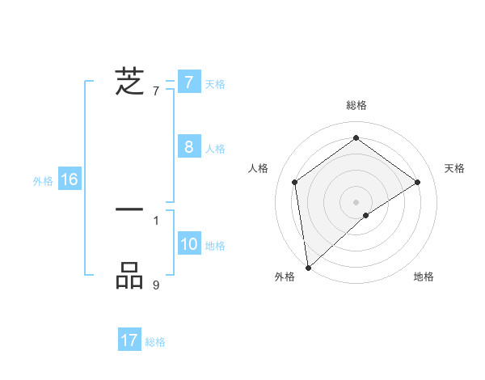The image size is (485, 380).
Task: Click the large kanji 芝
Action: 129,82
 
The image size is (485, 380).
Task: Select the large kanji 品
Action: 129,276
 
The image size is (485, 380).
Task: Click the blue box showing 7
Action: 189,82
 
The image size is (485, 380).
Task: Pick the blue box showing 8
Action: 189,147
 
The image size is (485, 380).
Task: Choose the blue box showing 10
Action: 189,244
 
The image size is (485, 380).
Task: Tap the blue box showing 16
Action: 70,179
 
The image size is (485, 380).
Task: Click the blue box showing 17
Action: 129,341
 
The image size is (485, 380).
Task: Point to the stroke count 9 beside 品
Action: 156,285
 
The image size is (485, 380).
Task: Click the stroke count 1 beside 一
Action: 156,220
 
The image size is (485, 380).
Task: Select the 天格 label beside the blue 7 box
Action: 215,84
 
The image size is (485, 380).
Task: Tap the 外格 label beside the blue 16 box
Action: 43,181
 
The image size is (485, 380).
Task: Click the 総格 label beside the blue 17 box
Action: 155,343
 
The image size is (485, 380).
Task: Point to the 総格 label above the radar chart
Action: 356,105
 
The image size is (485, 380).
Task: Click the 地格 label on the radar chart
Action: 424,277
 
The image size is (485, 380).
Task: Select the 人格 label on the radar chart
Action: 259,167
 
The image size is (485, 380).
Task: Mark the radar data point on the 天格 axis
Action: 418,182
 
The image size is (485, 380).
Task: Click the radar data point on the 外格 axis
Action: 308,267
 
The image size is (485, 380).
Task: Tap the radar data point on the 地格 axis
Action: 366,215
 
